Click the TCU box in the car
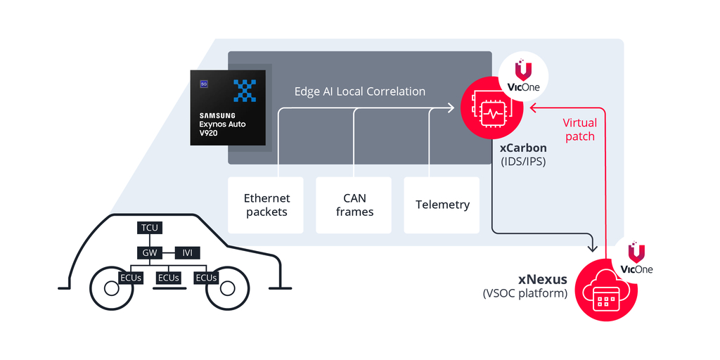(149, 228)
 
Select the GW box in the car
(149, 252)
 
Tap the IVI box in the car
(188, 252)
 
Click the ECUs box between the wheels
(169, 278)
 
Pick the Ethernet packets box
(266, 205)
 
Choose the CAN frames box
(354, 205)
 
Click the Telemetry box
(442, 205)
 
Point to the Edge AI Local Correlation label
(359, 91)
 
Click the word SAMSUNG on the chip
(217, 115)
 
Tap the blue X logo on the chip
(245, 91)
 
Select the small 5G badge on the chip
(203, 84)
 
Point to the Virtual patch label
(580, 129)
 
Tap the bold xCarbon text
(523, 148)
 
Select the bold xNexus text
(544, 280)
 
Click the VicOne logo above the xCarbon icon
(523, 76)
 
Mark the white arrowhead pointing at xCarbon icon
(451, 108)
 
